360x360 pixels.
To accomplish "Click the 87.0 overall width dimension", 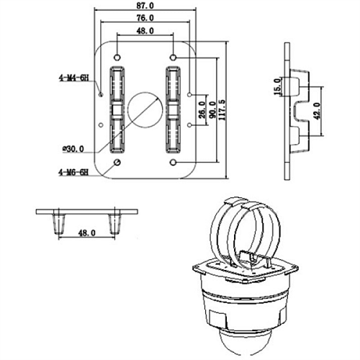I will point(144,5).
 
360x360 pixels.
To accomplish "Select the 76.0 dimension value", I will point(144,17).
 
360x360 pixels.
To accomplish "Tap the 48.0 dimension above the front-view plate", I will point(144,32).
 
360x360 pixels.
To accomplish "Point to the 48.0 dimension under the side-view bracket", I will point(86,233).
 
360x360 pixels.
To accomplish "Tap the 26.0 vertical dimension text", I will point(202,109).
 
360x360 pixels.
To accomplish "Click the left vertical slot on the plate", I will point(117,109).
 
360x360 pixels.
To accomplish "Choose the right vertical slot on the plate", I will point(173,109).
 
